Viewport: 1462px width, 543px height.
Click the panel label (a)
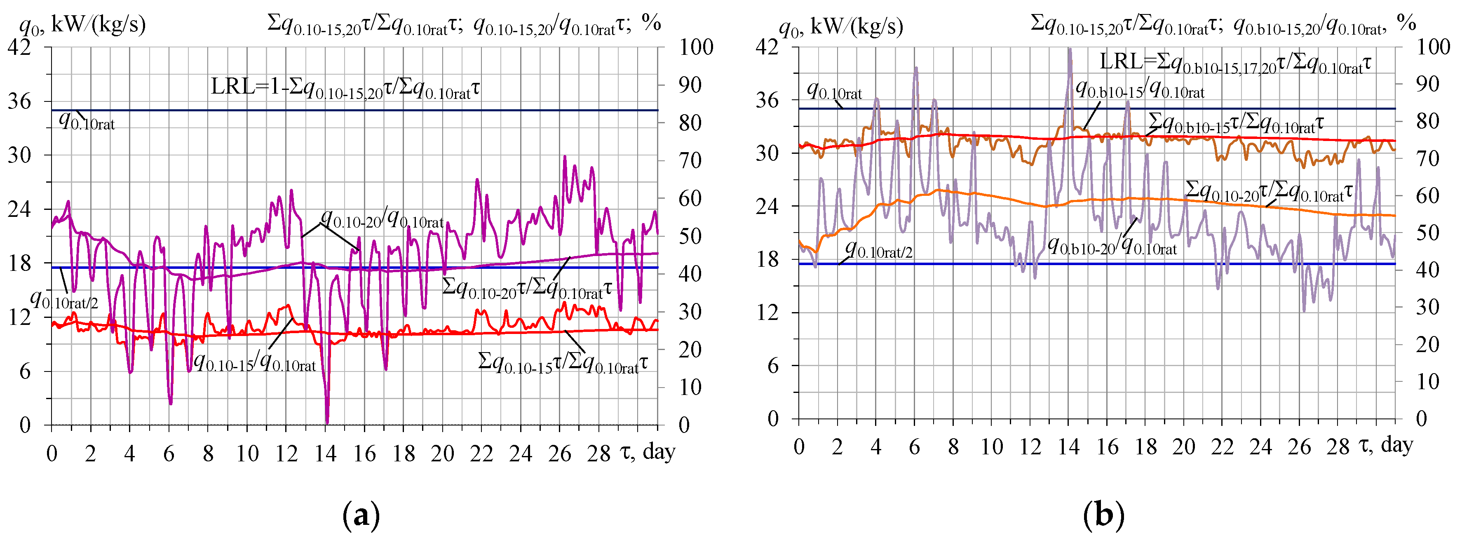361,516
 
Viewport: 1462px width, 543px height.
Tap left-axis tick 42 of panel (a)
19,47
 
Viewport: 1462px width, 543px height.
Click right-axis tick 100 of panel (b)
1433,47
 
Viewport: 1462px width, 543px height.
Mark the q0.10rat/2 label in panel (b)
879,249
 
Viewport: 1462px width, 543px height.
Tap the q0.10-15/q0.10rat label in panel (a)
254,362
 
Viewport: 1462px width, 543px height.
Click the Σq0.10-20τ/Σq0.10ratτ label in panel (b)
1268,191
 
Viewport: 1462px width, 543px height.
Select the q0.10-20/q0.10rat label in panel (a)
382,218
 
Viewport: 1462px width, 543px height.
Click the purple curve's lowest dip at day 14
327,421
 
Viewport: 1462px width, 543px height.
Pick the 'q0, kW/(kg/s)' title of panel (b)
840,26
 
